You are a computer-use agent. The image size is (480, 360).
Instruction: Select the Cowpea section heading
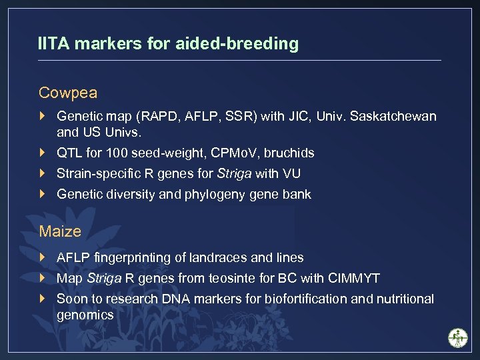click(68, 93)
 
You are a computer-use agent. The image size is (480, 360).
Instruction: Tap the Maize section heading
click(60, 232)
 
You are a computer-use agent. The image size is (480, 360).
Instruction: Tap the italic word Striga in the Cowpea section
click(234, 174)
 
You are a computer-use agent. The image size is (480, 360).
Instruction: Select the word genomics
click(85, 315)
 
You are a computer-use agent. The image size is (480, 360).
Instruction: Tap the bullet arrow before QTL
click(43, 153)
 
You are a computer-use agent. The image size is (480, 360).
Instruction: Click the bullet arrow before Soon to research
click(43, 299)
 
